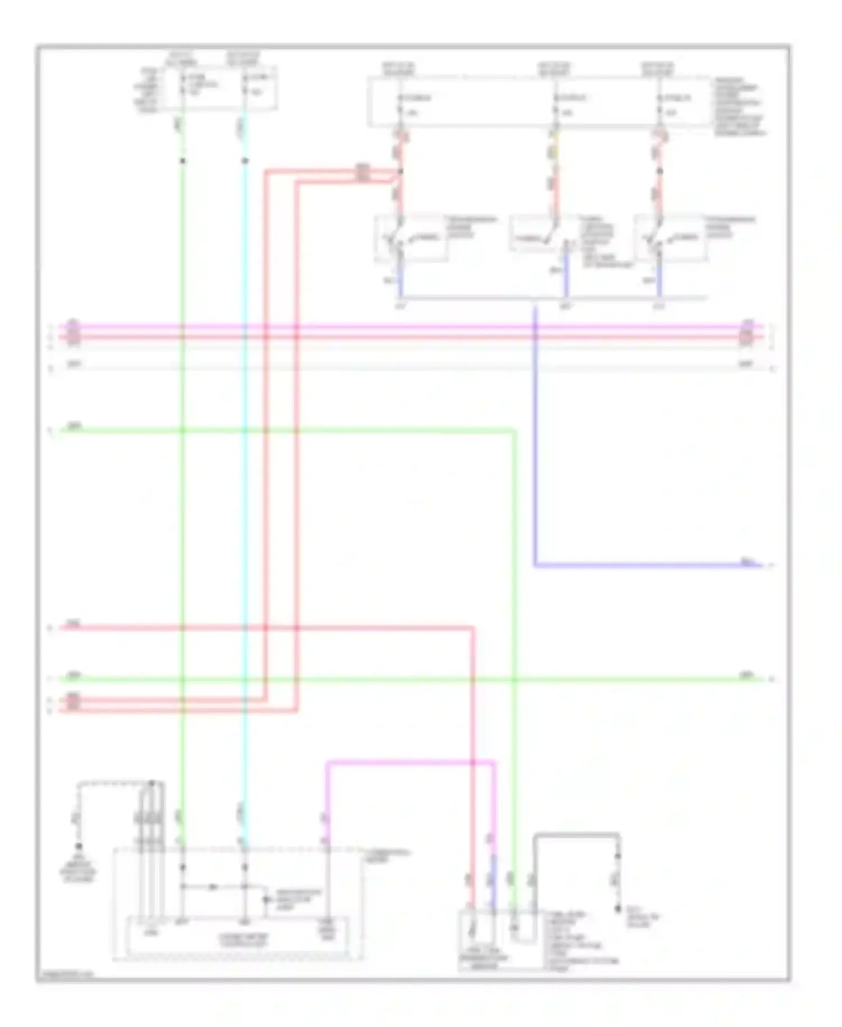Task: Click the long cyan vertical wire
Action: point(244,506)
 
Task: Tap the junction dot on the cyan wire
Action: point(245,161)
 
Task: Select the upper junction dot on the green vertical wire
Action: point(182,161)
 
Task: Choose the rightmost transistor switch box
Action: point(671,238)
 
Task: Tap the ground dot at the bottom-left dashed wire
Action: point(79,846)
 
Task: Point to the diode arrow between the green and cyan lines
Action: point(213,887)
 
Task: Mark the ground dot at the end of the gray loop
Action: point(618,908)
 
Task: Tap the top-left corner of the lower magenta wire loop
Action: point(328,763)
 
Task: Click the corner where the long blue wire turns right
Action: point(535,565)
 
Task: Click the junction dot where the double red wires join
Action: point(400,171)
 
